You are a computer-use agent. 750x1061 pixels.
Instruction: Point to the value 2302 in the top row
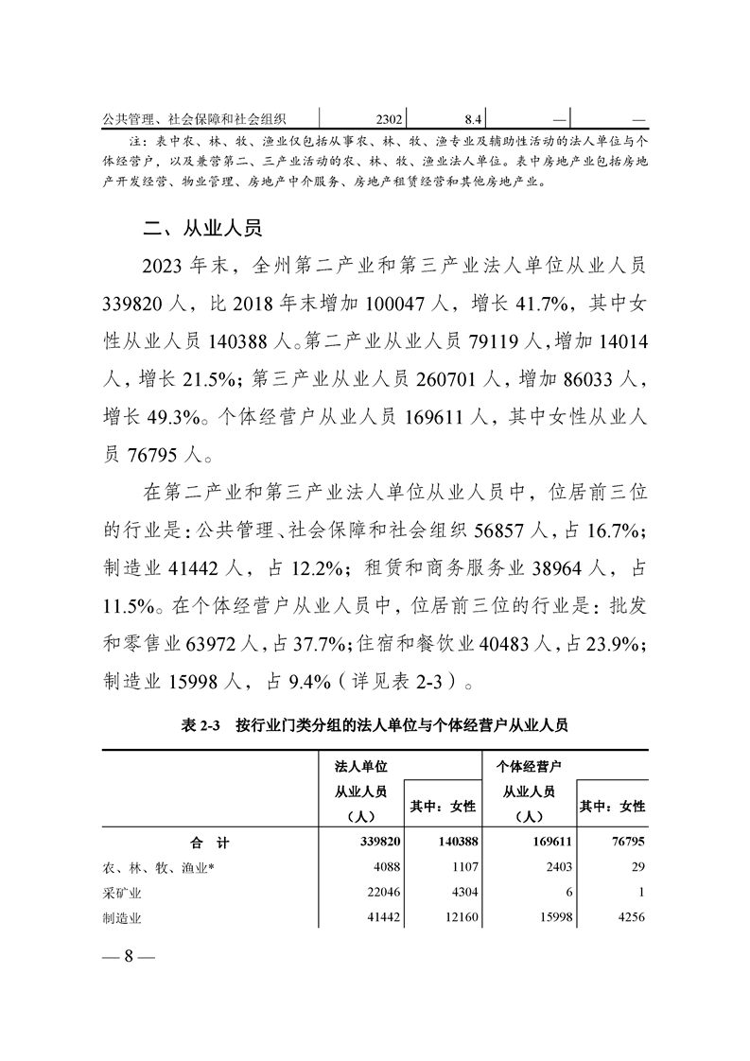[x=390, y=120]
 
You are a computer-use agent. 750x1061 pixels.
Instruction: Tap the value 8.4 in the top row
[x=474, y=120]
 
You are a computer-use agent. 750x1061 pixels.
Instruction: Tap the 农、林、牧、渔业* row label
[x=160, y=867]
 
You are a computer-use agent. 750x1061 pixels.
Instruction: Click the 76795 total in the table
[x=625, y=842]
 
